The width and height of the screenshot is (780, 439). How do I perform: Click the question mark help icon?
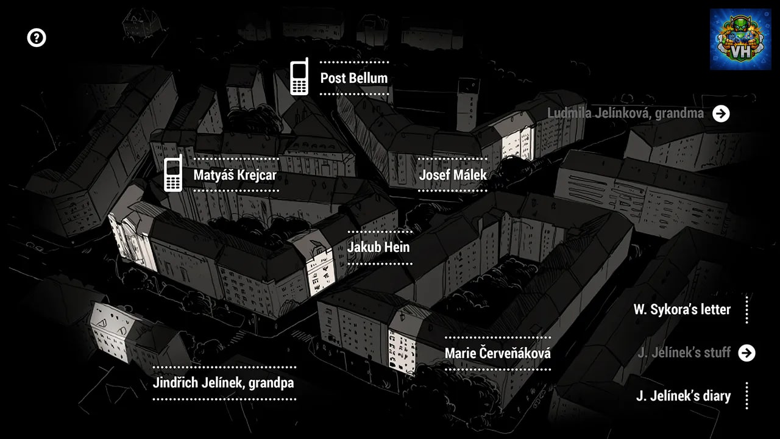coord(37,38)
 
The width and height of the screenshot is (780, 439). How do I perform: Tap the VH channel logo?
coord(740,40)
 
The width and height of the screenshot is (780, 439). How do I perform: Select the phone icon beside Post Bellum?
coord(299,77)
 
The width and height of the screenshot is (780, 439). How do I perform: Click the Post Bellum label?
coord(354,78)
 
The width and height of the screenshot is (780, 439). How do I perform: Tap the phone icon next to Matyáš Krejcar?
coord(173,173)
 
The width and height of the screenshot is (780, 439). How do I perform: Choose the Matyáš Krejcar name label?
coord(235,175)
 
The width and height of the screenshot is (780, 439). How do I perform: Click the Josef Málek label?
coord(453,175)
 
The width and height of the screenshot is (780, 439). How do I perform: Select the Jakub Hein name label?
coord(378,248)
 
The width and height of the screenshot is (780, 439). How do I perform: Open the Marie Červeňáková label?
coord(498,353)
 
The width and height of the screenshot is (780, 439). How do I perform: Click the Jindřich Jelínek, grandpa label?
coord(224,383)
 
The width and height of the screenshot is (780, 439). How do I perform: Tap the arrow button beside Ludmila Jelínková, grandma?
coord(721,113)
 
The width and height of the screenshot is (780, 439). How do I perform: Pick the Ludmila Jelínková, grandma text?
coord(625,113)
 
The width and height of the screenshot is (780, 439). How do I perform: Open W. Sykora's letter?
coord(682,309)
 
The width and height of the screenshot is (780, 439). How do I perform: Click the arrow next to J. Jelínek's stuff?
coord(746,353)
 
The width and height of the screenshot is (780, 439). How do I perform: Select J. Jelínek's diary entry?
coord(683,396)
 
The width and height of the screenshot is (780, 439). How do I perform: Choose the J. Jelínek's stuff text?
coord(684,352)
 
